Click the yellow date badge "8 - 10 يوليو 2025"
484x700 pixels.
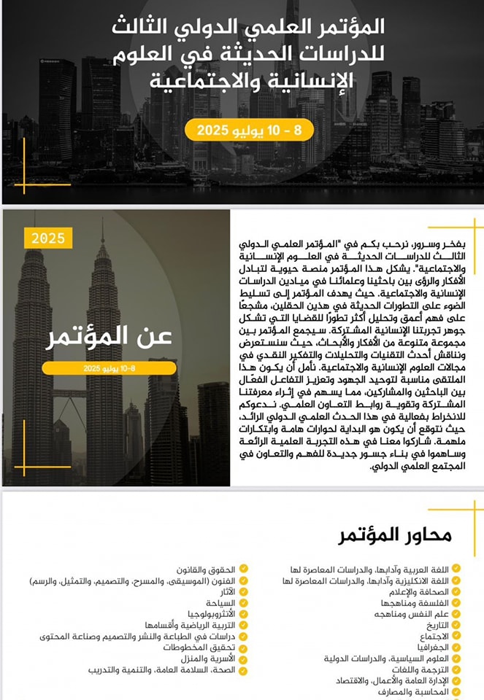tap(248, 131)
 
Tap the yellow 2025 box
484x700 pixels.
tap(48, 238)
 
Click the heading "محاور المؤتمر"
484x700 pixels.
tap(395, 535)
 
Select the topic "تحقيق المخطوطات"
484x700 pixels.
tap(196, 647)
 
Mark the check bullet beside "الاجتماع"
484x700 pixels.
tap(456, 636)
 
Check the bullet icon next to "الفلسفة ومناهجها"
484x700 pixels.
tap(456, 603)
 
